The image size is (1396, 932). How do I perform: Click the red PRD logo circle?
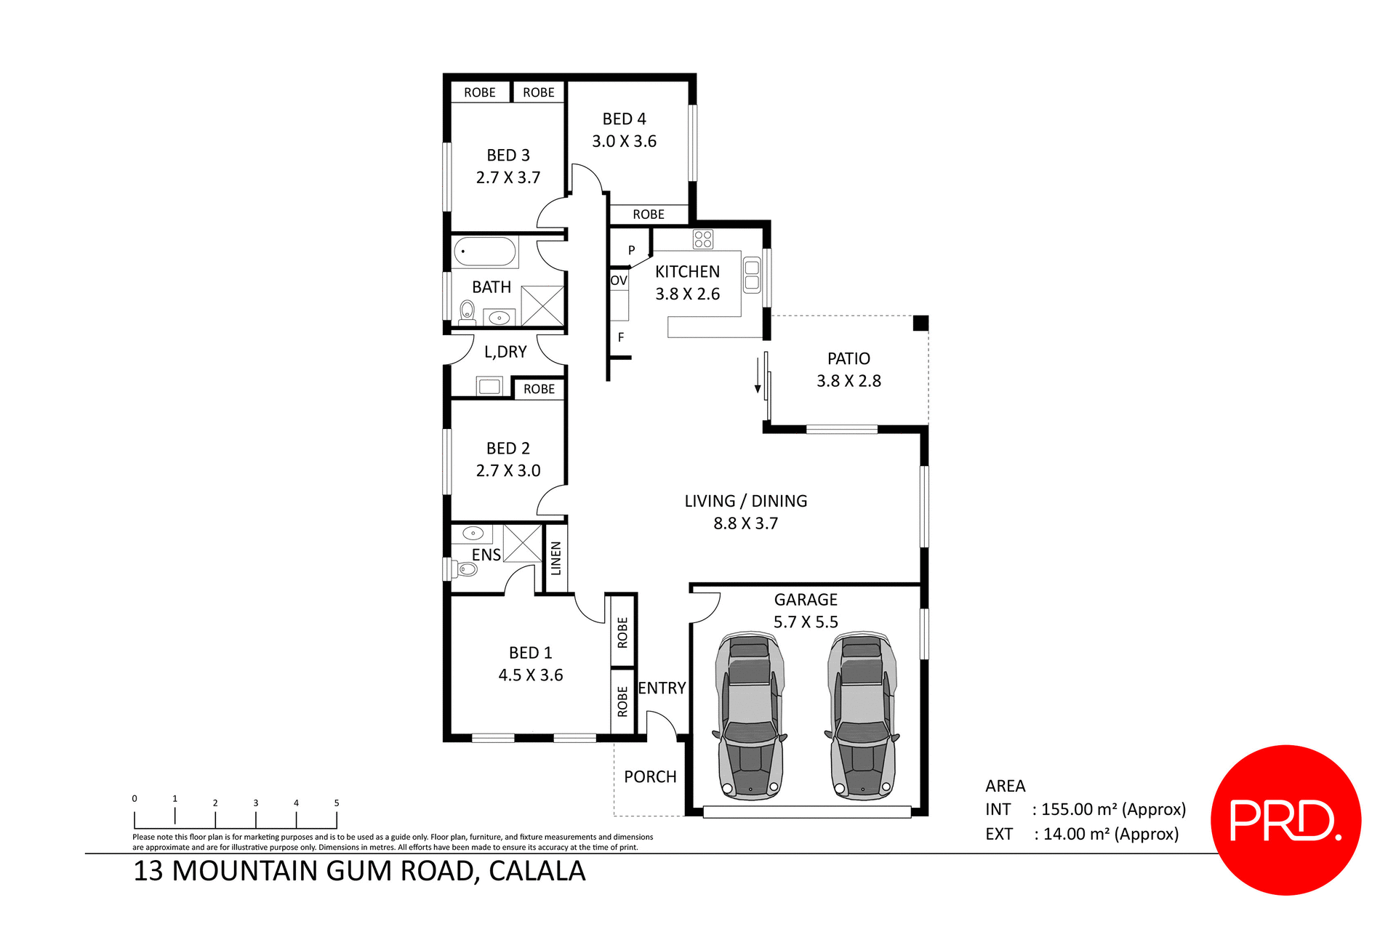[x=1285, y=819]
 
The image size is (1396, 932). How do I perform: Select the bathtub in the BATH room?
[x=485, y=252]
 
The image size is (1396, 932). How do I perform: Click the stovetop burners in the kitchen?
[x=702, y=238]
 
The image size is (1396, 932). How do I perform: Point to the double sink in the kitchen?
[x=752, y=276]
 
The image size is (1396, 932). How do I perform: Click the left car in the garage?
[x=750, y=716]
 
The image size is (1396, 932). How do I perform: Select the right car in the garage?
[x=862, y=716]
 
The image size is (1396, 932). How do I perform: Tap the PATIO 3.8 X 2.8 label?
[x=849, y=369]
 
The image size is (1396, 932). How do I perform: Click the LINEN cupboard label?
[x=556, y=558]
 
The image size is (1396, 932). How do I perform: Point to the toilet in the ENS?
[x=465, y=569]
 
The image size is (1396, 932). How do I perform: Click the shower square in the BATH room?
[x=542, y=305]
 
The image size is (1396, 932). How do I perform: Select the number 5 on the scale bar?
[x=337, y=803]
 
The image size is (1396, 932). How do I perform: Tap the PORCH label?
[x=650, y=776]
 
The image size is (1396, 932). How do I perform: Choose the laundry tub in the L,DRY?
[x=489, y=386]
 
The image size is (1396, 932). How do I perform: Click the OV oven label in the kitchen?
[x=619, y=281]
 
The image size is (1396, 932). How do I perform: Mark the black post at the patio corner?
[x=920, y=324]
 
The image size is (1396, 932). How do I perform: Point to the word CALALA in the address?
[x=537, y=871]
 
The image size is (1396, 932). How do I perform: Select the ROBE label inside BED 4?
[x=648, y=214]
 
